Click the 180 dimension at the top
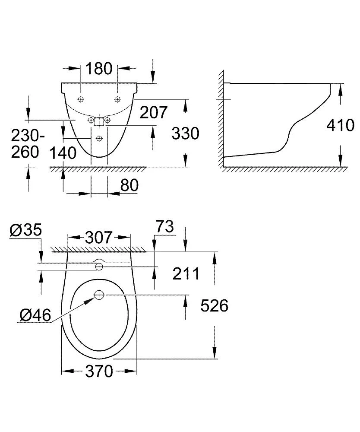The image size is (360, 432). (x=99, y=68)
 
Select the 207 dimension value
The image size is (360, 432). (x=152, y=112)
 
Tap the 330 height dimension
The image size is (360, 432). (x=185, y=133)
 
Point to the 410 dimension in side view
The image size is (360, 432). (x=340, y=126)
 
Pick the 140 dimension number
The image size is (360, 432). (x=63, y=152)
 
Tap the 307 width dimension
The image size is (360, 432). (x=99, y=237)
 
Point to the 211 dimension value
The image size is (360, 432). (x=185, y=273)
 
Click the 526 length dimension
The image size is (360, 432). (x=215, y=306)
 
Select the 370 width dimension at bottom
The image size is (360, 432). (x=99, y=371)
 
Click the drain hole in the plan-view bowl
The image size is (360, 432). (x=99, y=295)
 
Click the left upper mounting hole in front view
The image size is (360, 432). (x=81, y=99)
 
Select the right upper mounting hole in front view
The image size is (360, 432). (x=117, y=99)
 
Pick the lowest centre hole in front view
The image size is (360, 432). (x=99, y=138)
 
